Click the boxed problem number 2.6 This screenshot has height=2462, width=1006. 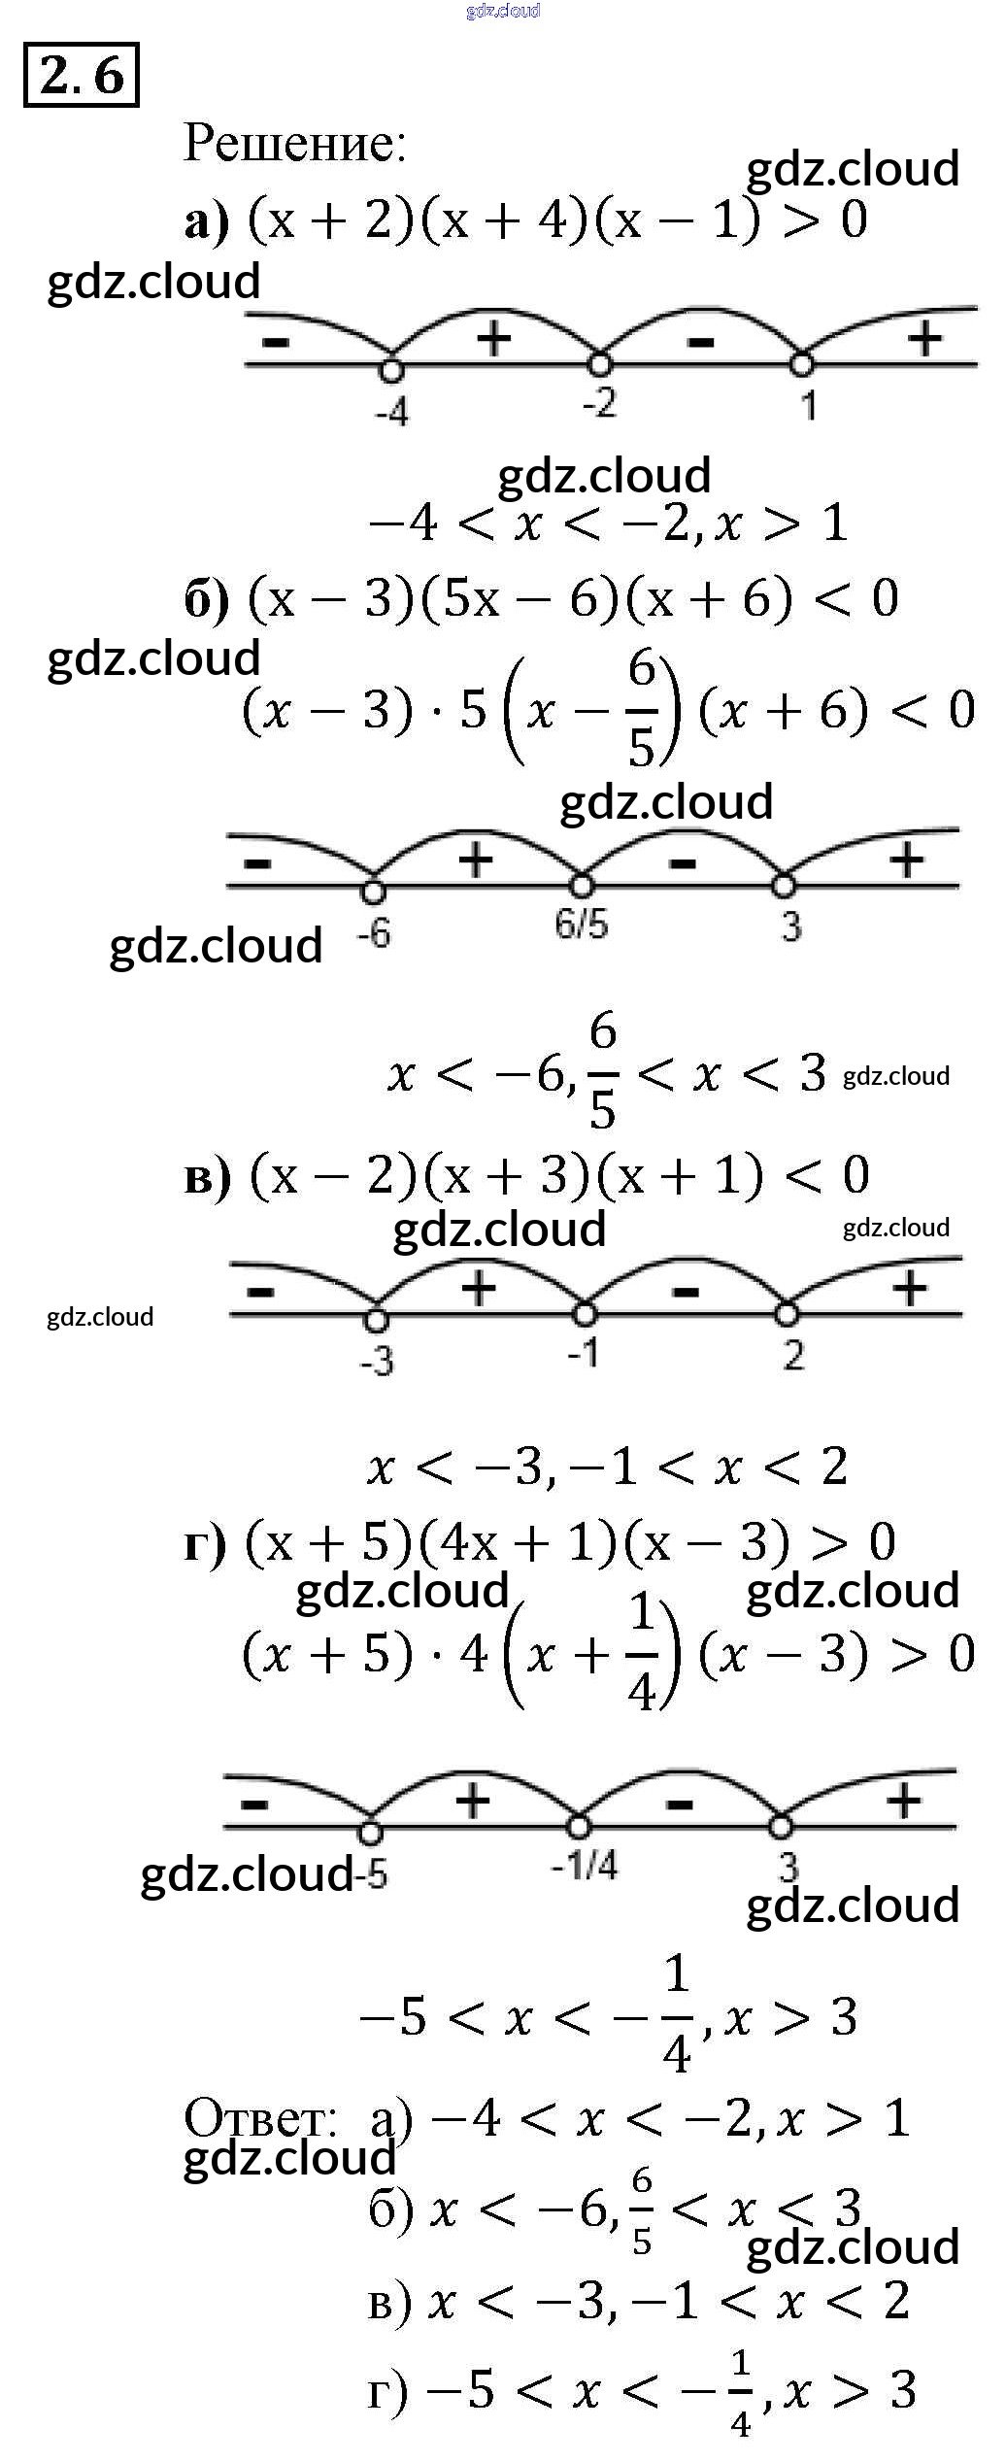(82, 75)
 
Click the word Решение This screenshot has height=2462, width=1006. (294, 143)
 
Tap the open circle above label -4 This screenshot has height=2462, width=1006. (391, 369)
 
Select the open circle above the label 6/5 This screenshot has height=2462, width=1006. (581, 886)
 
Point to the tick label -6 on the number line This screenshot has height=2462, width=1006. (374, 933)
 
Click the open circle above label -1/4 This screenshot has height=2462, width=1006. (579, 1827)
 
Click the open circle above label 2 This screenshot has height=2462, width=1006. (787, 1315)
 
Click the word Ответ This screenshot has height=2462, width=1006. (259, 2117)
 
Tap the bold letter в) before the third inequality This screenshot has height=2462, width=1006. (207, 1176)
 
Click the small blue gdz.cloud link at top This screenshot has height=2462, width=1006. (502, 11)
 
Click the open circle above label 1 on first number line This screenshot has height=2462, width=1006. (801, 365)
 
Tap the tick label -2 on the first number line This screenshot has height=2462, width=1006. (600, 402)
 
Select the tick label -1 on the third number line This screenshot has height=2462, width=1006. (584, 1351)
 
